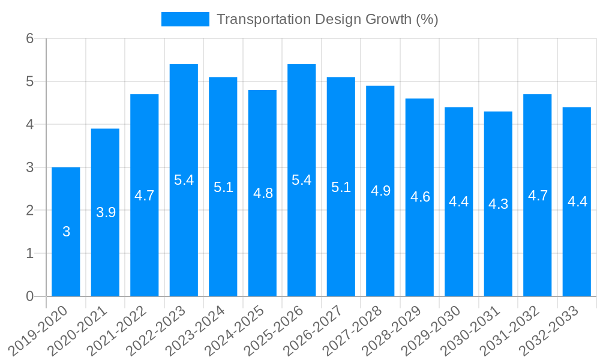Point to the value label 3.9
[106, 212]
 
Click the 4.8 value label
[263, 193]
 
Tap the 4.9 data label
[380, 191]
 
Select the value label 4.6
[420, 197]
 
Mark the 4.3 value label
[498, 204]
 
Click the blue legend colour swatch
[185, 19]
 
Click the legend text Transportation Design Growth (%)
[327, 19]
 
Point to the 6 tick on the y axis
[29, 38]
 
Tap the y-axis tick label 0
[29, 296]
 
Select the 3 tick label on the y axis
[29, 167]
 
